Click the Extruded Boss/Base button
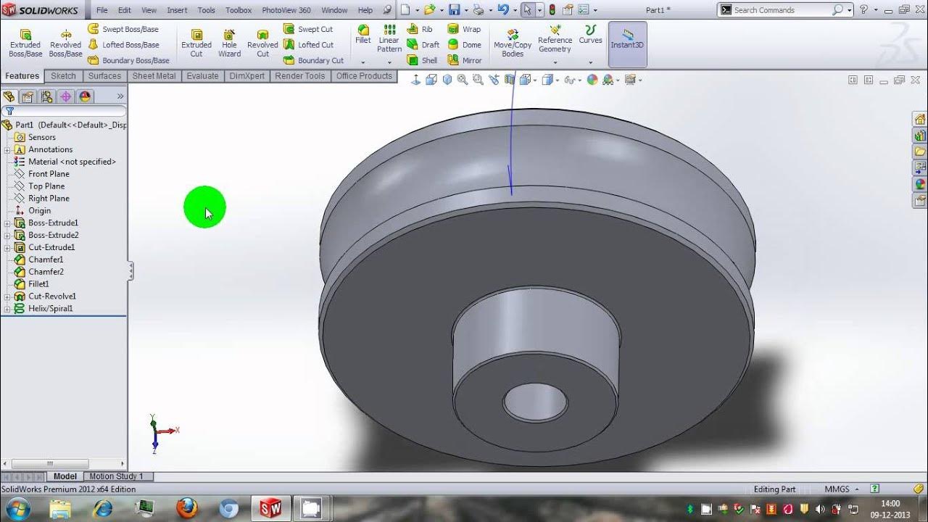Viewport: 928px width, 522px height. click(25, 43)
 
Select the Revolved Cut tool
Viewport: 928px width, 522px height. click(262, 43)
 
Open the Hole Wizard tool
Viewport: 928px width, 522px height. click(229, 43)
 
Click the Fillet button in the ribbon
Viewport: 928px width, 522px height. click(363, 34)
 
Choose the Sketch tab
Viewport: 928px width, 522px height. click(63, 76)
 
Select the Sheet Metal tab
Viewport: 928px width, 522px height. click(154, 76)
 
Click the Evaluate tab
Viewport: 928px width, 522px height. click(202, 76)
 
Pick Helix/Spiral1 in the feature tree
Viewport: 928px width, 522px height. click(50, 309)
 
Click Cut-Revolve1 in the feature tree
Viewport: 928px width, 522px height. click(51, 297)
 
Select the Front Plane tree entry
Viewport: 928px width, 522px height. click(49, 174)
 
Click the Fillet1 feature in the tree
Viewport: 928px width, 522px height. click(38, 284)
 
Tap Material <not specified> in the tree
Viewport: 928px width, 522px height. click(72, 162)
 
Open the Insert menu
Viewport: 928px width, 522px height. click(177, 10)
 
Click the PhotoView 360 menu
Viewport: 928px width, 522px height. click(286, 10)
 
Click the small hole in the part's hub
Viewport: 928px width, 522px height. click(535, 402)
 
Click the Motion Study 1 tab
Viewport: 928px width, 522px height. click(116, 476)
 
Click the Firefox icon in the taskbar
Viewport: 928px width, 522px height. click(187, 508)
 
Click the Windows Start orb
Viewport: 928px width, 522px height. click(17, 508)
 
